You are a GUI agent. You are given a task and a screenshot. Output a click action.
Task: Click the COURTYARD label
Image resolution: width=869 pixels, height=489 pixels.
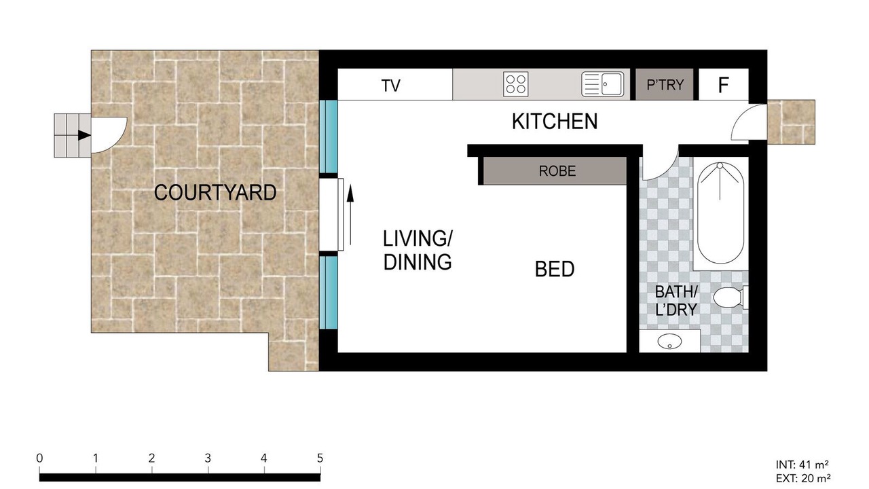pyautogui.click(x=215, y=192)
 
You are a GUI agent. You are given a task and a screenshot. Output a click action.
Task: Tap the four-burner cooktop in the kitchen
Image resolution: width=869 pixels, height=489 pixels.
pyautogui.click(x=515, y=84)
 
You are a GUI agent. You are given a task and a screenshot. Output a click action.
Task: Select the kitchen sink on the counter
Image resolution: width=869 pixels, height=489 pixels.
pyautogui.click(x=602, y=84)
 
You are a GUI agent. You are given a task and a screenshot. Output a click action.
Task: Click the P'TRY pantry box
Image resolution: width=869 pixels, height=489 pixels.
pyautogui.click(x=665, y=84)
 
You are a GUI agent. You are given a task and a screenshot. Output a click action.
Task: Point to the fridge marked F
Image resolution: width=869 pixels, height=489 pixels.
pyautogui.click(x=724, y=84)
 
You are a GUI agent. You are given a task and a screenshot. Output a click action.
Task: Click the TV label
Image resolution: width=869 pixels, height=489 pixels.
pyautogui.click(x=390, y=86)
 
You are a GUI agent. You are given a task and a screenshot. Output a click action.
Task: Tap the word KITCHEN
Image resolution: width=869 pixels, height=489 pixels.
pyautogui.click(x=555, y=122)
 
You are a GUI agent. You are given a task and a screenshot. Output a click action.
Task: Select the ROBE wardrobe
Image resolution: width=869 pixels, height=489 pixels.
pyautogui.click(x=555, y=170)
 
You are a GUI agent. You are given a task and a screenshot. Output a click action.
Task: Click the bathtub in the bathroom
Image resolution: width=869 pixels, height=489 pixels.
pyautogui.click(x=720, y=213)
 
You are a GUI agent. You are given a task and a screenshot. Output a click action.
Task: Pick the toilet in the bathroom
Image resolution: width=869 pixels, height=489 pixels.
pyautogui.click(x=730, y=298)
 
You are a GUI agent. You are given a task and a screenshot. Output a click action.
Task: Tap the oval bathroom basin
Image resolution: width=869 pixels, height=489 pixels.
pyautogui.click(x=669, y=341)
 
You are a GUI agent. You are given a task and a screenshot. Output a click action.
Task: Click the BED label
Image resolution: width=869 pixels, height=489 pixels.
pyautogui.click(x=555, y=270)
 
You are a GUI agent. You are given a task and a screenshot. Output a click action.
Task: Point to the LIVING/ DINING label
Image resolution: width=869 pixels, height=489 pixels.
pyautogui.click(x=418, y=251)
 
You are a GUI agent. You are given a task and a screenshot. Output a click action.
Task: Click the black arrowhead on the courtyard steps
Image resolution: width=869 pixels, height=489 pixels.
pyautogui.click(x=84, y=135)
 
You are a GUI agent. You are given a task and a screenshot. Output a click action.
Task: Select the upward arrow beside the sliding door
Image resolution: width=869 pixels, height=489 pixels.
pyautogui.click(x=350, y=215)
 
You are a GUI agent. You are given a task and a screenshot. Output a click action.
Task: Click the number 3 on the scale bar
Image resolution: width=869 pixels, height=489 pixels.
pyautogui.click(x=208, y=458)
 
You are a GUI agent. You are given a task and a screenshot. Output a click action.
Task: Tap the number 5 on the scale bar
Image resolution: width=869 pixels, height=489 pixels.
pyautogui.click(x=320, y=458)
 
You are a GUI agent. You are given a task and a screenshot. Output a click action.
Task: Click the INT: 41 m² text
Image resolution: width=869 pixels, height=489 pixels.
pyautogui.click(x=802, y=465)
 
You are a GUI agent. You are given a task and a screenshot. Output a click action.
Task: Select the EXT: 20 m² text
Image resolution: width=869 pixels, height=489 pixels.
pyautogui.click(x=803, y=479)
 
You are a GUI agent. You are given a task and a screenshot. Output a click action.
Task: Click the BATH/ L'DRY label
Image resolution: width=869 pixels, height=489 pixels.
pyautogui.click(x=677, y=300)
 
